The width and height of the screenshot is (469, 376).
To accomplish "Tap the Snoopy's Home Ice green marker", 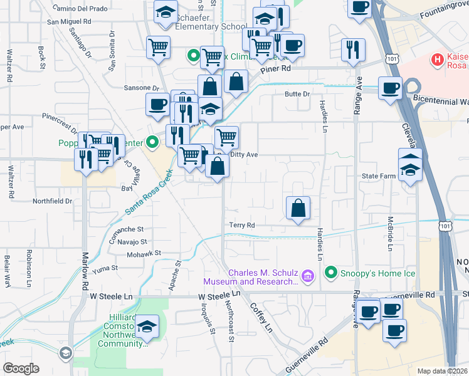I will [331, 273].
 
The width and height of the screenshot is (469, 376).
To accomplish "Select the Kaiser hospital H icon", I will [438, 61].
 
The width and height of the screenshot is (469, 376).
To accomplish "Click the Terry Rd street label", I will [241, 225].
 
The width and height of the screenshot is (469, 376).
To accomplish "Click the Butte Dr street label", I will [297, 94].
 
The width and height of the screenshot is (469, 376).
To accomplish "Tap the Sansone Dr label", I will [142, 88].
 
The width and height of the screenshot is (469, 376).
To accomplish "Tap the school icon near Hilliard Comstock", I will [147, 326].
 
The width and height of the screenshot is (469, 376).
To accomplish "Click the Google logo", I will [21, 368].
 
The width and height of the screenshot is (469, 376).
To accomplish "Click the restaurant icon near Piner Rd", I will [353, 49].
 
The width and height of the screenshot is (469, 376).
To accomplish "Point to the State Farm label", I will [379, 176].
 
